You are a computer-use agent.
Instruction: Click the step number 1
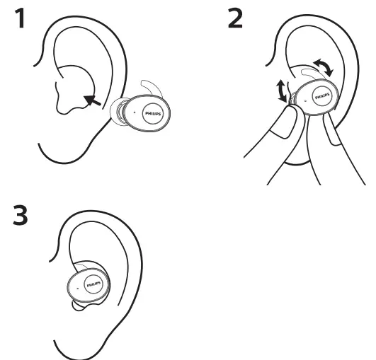pyautogui.click(x=23, y=19)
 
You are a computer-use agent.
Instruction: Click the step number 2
pyautogui.click(x=234, y=19)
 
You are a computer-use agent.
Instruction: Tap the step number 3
pyautogui.click(x=23, y=214)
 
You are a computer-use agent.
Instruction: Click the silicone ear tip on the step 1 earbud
pyautogui.click(x=116, y=110)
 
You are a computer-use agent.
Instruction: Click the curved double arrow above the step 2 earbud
pyautogui.click(x=324, y=66)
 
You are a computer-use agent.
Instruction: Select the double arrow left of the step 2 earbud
pyautogui.click(x=283, y=91)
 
